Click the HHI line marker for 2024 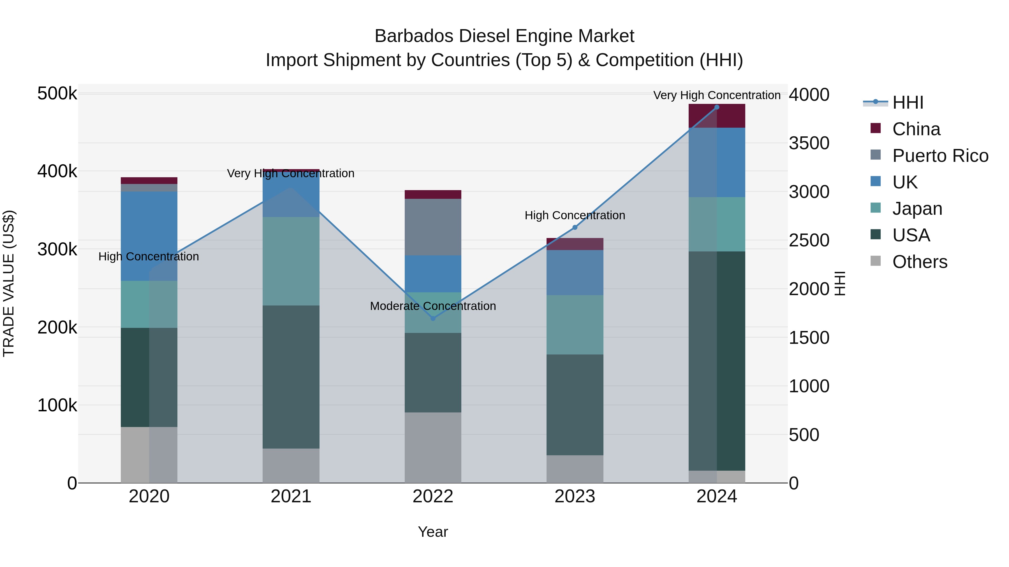point(717,107)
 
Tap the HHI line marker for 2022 point(433,319)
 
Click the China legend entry point(916,129)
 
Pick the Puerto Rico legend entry point(940,156)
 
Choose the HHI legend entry point(908,102)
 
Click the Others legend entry point(919,262)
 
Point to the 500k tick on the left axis point(57,94)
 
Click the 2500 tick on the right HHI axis point(809,240)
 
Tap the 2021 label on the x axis point(291,496)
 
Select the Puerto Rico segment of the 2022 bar point(433,227)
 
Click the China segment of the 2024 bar point(717,116)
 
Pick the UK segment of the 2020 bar point(149,236)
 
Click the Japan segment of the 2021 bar point(291,261)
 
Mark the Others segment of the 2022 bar point(433,447)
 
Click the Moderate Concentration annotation point(433,306)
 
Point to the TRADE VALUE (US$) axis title point(9,283)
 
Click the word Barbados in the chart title point(415,36)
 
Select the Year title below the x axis point(433,532)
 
